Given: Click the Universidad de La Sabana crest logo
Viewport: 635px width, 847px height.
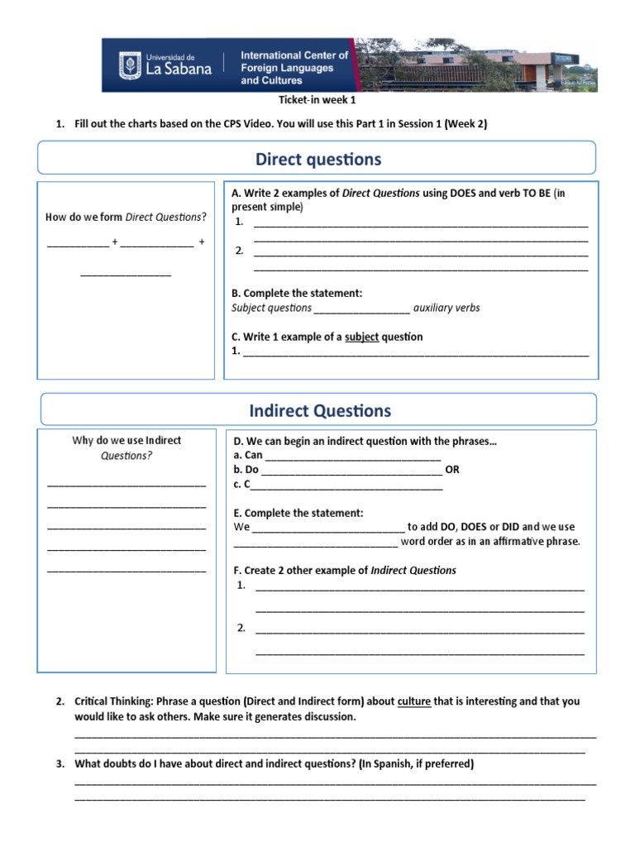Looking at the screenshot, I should tap(131, 65).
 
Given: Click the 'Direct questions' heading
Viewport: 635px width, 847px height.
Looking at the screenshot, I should tap(318, 159).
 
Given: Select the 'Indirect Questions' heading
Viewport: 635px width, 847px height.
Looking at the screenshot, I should tap(320, 410).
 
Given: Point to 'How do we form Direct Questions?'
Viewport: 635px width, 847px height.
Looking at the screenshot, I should tap(126, 217).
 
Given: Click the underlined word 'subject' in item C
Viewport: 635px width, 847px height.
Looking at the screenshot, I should tap(361, 337).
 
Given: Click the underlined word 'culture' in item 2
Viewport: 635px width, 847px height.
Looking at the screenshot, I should tap(414, 701).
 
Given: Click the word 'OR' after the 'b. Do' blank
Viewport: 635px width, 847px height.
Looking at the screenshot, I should tap(452, 469).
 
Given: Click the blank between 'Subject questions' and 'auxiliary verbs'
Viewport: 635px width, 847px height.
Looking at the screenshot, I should tap(362, 308).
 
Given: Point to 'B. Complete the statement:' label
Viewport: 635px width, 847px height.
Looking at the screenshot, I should tap(297, 293).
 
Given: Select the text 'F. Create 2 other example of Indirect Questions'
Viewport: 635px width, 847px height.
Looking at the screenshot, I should tap(345, 570).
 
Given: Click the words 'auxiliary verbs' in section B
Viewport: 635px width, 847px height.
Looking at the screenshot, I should tap(446, 308).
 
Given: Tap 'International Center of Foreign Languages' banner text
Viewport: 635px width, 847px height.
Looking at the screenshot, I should tap(294, 68).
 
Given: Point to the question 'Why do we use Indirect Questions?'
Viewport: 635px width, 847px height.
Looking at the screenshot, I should tap(127, 447).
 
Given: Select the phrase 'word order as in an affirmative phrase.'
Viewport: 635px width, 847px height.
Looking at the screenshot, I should tap(490, 541).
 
